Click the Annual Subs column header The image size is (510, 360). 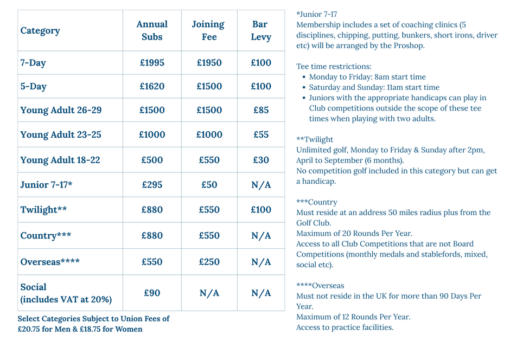152,31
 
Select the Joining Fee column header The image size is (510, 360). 208,31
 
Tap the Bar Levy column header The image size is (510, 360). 260,31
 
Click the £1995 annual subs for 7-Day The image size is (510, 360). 152,63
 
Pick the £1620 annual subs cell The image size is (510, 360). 152,87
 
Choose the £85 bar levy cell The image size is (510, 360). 261,110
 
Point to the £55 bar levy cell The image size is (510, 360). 261,134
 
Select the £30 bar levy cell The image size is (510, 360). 261,160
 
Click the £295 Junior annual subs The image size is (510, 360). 152,185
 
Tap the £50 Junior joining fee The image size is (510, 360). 209,185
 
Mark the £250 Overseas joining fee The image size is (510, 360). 209,262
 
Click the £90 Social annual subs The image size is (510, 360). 152,293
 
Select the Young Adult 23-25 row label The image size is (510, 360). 61,134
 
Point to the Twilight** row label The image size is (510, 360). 43,210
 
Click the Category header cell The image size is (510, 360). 40,31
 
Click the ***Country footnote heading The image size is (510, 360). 317,202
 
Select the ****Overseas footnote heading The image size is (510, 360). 320,286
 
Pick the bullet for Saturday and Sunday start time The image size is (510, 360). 304,88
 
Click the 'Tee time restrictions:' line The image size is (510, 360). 334,67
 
